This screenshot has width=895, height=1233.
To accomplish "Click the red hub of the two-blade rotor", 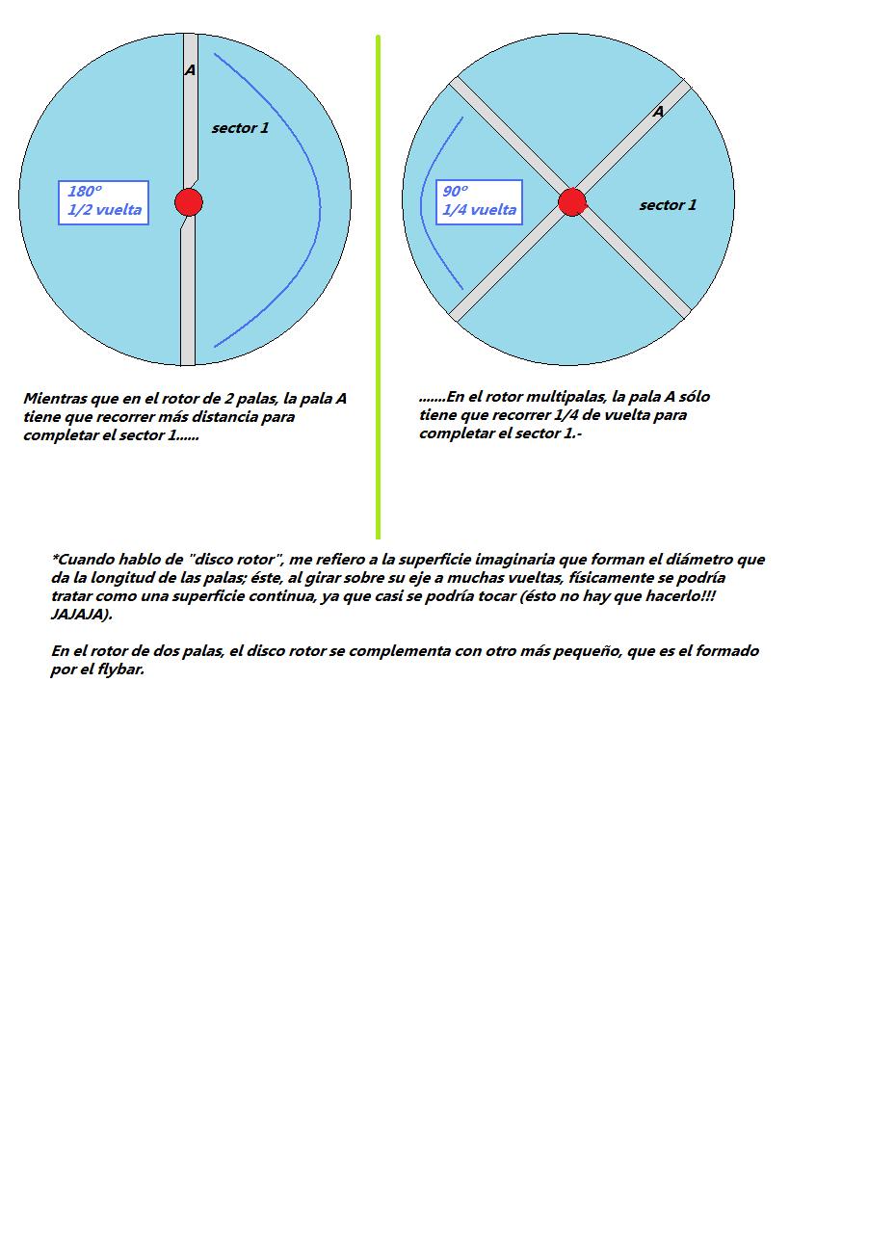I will click(x=189, y=202).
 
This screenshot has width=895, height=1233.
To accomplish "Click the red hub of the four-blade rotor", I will click(x=572, y=202).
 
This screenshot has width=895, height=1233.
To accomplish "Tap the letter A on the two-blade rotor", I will click(x=190, y=70).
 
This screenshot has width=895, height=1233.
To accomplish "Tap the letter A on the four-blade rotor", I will click(x=658, y=112).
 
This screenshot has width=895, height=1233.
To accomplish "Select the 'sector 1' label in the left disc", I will click(x=240, y=128).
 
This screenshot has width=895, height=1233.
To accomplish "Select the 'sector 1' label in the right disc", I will click(x=668, y=205).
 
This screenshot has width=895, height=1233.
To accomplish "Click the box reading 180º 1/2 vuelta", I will click(x=104, y=202).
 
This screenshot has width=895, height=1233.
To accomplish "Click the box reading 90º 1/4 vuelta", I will click(x=479, y=202).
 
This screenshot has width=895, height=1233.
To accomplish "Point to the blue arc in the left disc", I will click(x=320, y=202).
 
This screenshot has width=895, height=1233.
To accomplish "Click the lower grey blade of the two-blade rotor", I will click(x=188, y=299).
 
